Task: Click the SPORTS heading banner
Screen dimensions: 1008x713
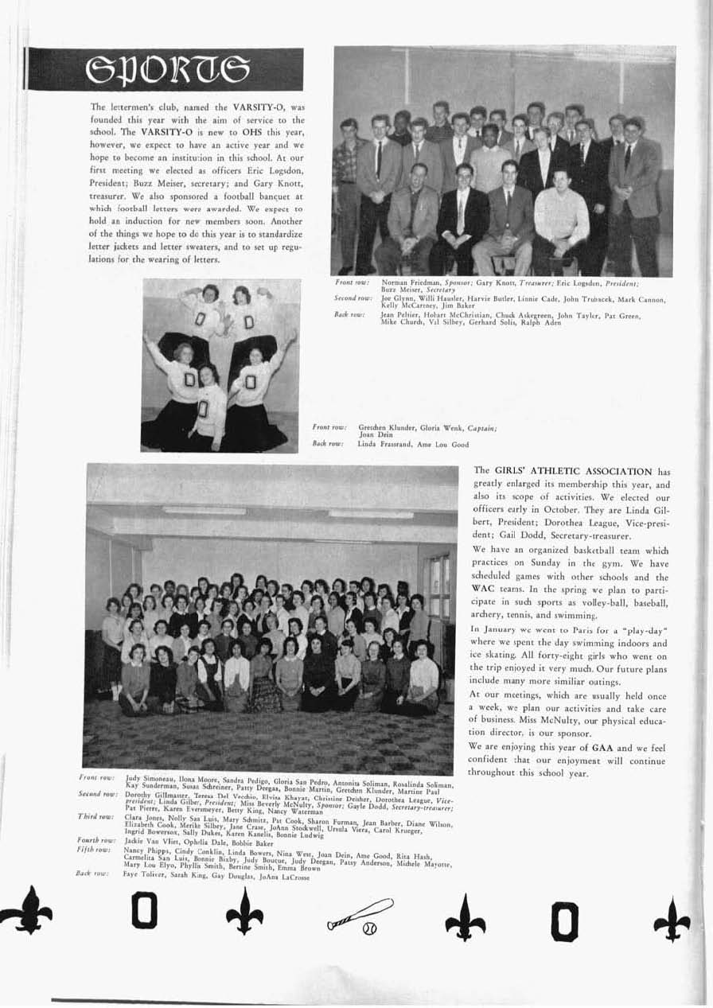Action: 165,69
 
